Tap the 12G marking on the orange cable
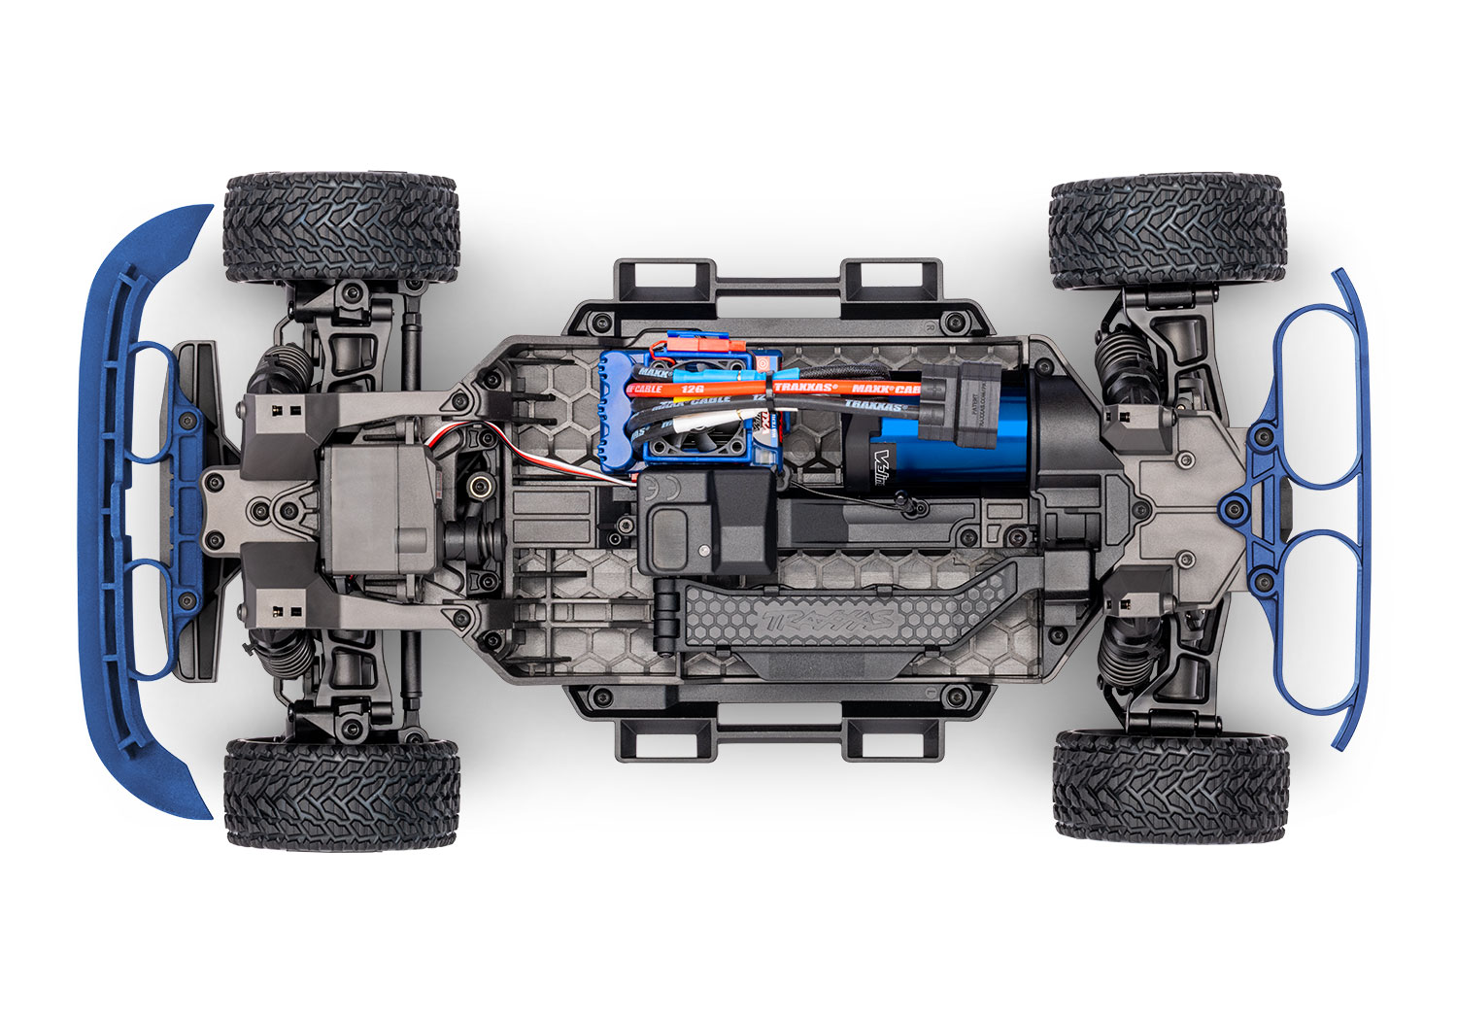point(693,389)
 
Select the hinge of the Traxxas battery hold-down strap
point(668,622)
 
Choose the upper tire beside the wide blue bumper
point(340,228)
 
